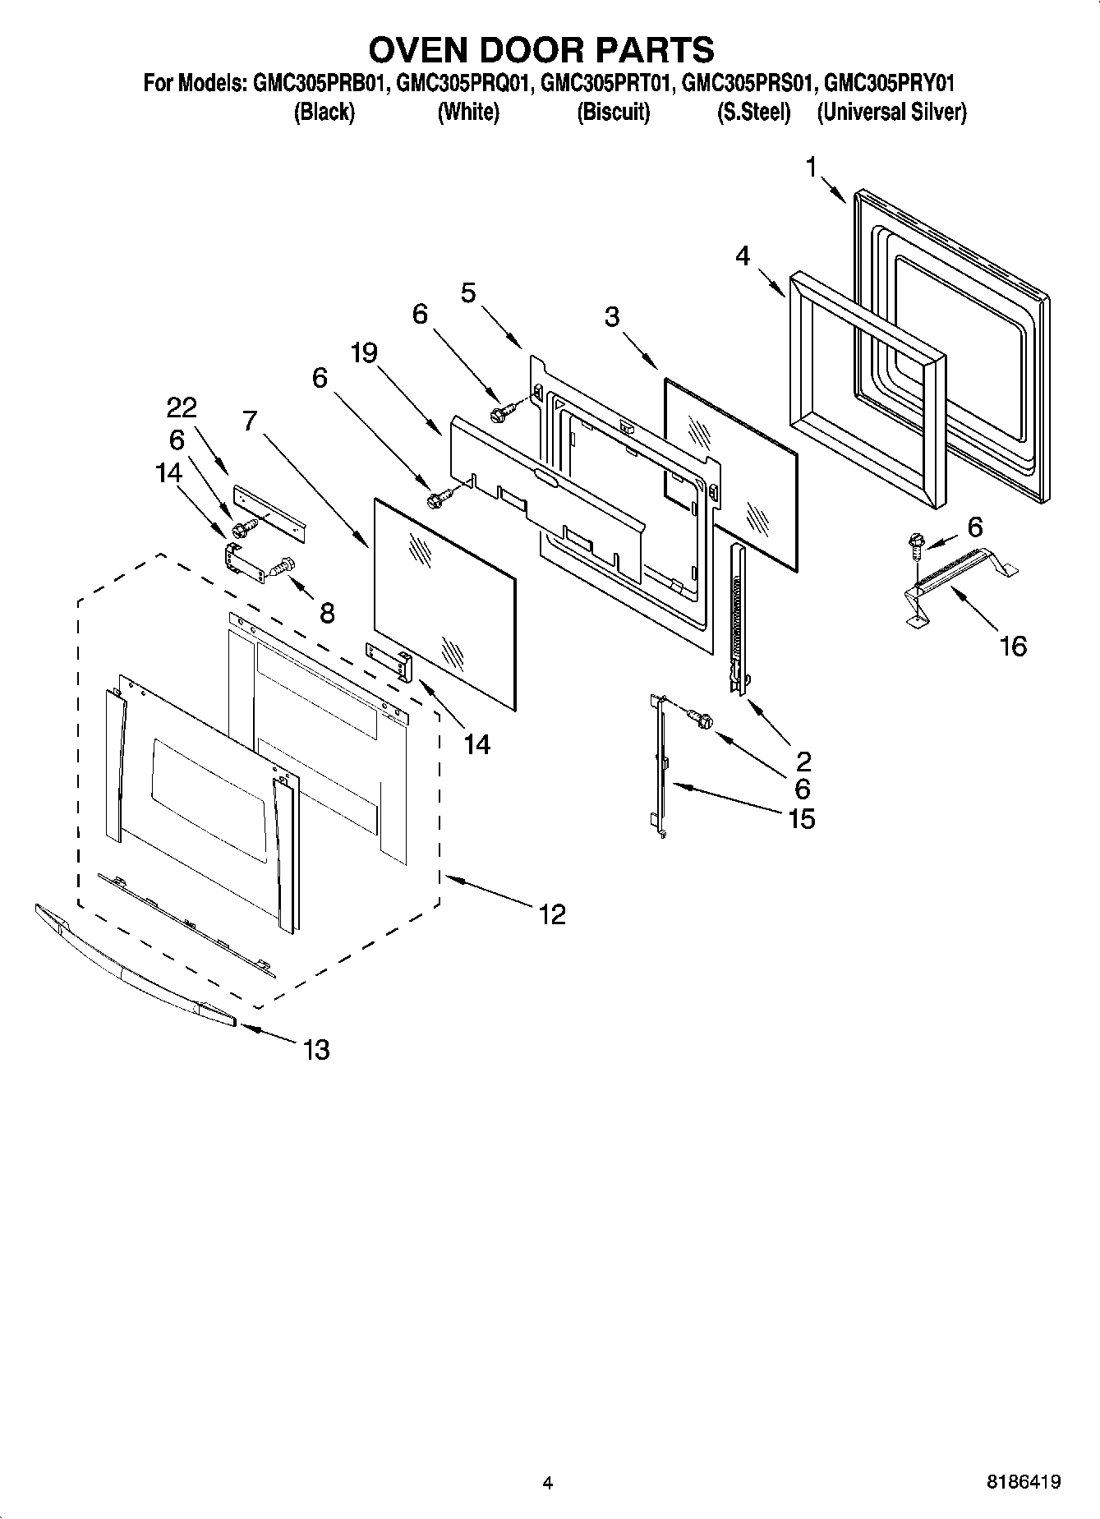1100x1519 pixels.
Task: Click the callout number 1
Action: click(811, 168)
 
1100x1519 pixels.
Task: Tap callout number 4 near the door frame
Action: click(742, 256)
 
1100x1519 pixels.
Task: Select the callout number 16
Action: click(1013, 646)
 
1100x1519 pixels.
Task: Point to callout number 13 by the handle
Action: click(316, 1049)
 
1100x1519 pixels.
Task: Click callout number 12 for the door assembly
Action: click(553, 914)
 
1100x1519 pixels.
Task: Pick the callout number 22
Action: click(182, 407)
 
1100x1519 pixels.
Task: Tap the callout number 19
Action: click(363, 353)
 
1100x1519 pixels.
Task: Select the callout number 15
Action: click(801, 818)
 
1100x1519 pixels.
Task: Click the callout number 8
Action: click(327, 613)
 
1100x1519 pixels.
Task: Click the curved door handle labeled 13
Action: click(131, 969)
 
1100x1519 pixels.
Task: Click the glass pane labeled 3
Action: click(730, 472)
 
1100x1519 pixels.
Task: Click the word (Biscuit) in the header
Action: click(613, 112)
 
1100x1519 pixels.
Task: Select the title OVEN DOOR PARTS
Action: click(541, 50)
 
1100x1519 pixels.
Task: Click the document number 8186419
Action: click(1023, 1482)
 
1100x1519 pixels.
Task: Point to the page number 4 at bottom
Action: click(547, 1483)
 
